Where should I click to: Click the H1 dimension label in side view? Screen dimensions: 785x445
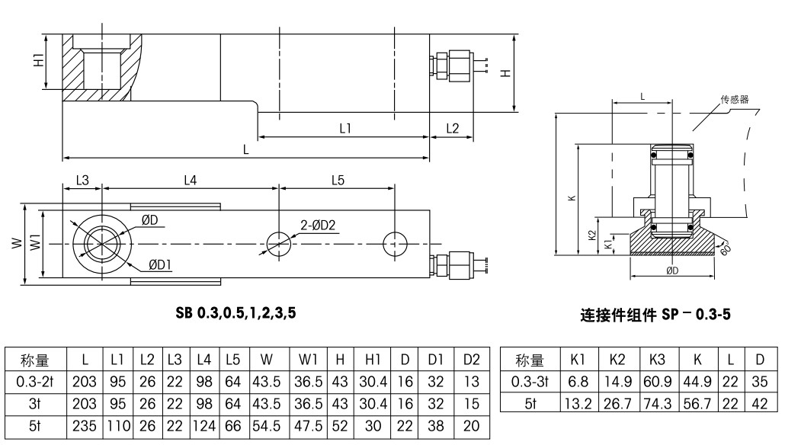pyautogui.click(x=38, y=60)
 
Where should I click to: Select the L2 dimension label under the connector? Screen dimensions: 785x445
pyautogui.click(x=452, y=129)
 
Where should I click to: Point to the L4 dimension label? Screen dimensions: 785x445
pyautogui.click(x=191, y=180)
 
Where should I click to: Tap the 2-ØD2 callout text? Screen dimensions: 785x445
pyautogui.click(x=318, y=226)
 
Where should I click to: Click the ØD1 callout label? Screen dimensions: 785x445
pyautogui.click(x=160, y=265)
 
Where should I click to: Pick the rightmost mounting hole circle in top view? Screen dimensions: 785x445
pyautogui.click(x=395, y=244)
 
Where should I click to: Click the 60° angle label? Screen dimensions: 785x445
pyautogui.click(x=726, y=248)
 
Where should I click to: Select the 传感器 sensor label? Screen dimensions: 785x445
pyautogui.click(x=735, y=99)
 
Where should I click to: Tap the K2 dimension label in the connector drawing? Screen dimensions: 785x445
pyautogui.click(x=592, y=235)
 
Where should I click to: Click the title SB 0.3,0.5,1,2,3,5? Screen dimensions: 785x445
pyautogui.click(x=235, y=313)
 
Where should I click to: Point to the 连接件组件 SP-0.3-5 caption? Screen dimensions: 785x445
pyautogui.click(x=655, y=315)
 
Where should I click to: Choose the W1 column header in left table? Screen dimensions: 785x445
pyautogui.click(x=309, y=360)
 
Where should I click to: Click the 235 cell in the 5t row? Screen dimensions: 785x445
pyautogui.click(x=84, y=427)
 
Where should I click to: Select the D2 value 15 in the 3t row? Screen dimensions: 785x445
pyautogui.click(x=472, y=404)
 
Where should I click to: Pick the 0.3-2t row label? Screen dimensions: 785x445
pyautogui.click(x=35, y=382)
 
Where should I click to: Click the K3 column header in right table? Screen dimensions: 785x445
pyautogui.click(x=657, y=360)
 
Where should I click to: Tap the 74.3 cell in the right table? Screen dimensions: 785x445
pyautogui.click(x=657, y=403)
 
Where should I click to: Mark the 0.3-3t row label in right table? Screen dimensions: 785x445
pyautogui.click(x=530, y=382)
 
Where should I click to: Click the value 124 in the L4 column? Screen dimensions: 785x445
pyautogui.click(x=203, y=427)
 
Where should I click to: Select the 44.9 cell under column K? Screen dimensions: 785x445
pyautogui.click(x=697, y=382)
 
